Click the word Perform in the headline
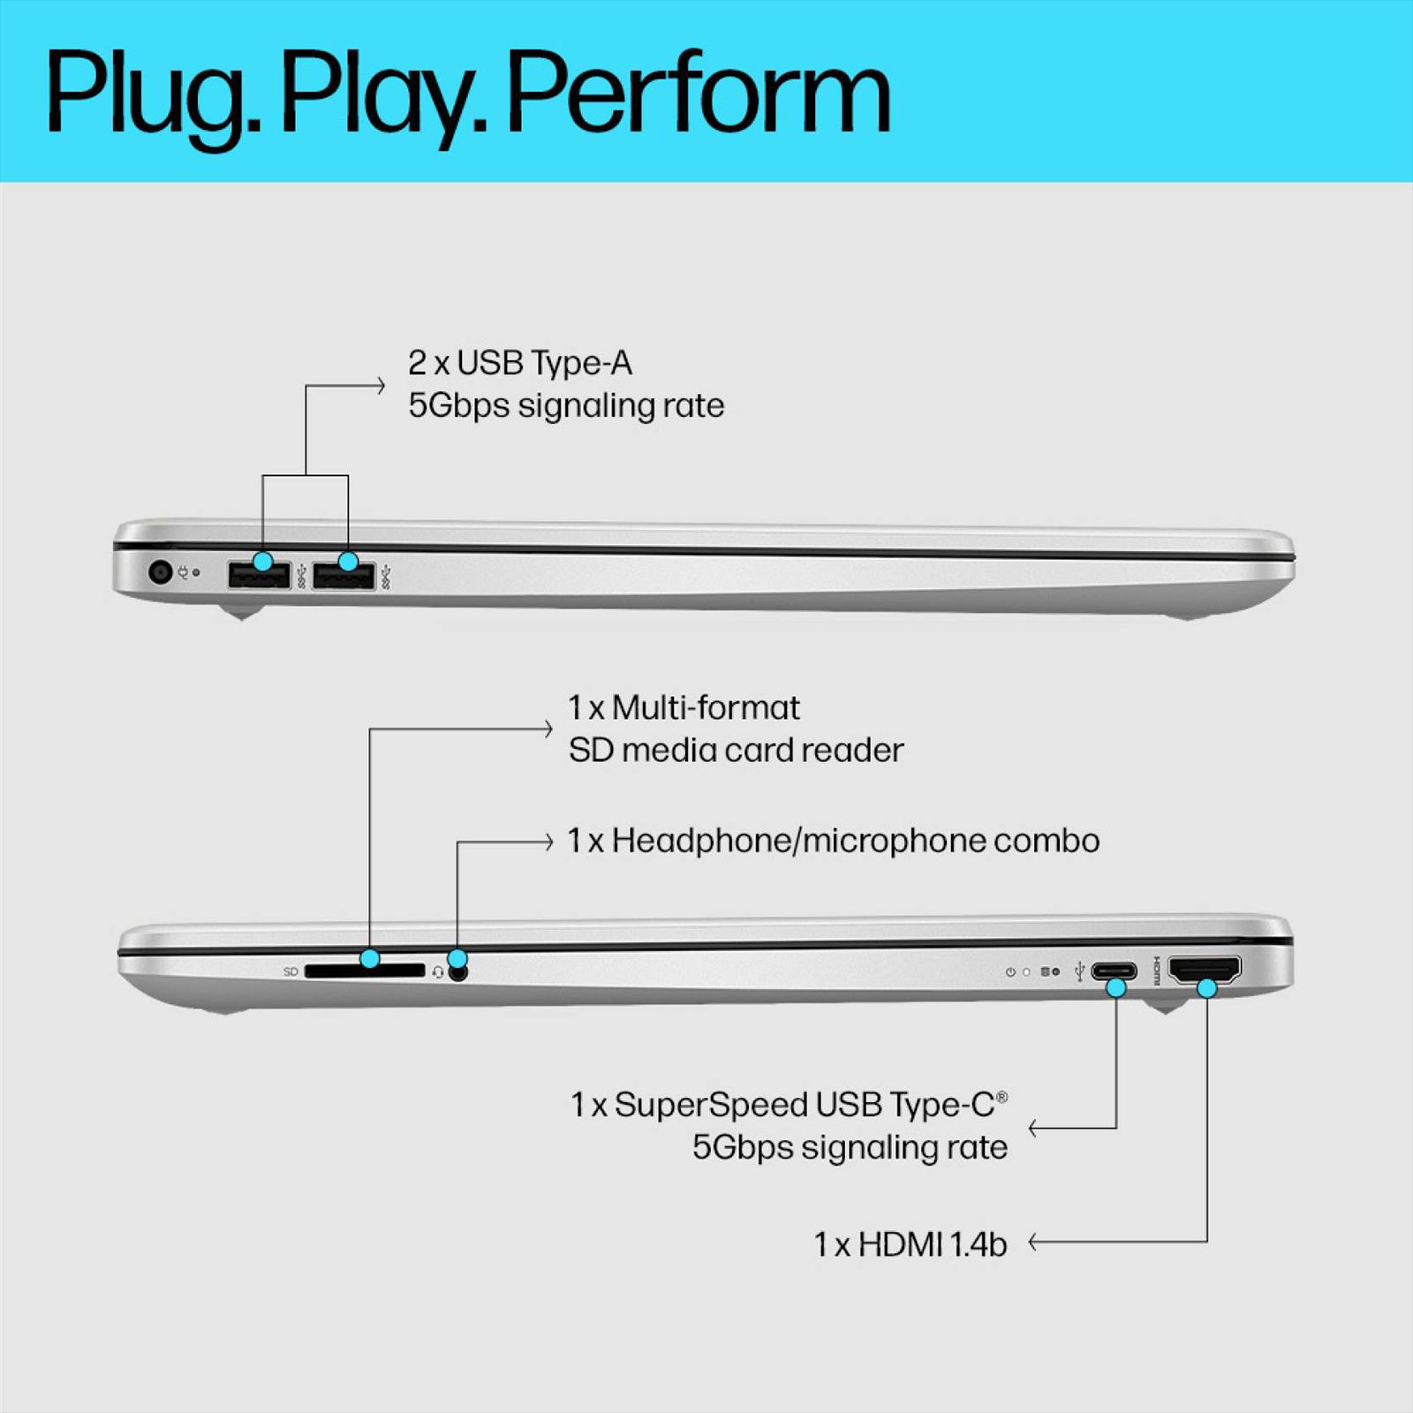[x=698, y=93]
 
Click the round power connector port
[x=160, y=572]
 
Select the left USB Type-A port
[x=258, y=577]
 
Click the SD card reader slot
[x=364, y=971]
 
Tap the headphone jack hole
[x=457, y=973]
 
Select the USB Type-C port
[x=1114, y=971]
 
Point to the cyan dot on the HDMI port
[x=1206, y=988]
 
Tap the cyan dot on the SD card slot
[x=370, y=958]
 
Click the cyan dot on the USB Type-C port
[x=1116, y=988]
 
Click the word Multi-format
[x=705, y=708]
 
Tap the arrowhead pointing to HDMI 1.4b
[x=1033, y=1242]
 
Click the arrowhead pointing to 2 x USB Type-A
[x=381, y=385]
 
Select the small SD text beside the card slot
[x=291, y=971]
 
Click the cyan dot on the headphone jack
[x=457, y=958]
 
